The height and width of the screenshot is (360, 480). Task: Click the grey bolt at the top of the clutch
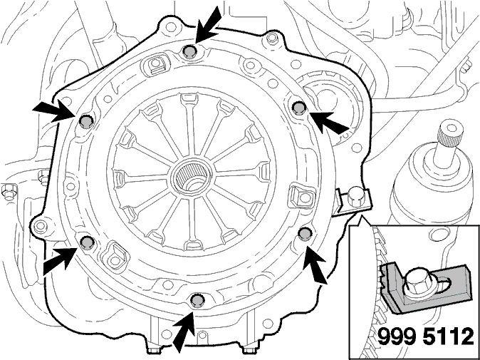pyautogui.click(x=190, y=52)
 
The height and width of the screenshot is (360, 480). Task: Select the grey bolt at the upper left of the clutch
pyautogui.click(x=86, y=122)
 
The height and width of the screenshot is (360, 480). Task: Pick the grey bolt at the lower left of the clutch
pyautogui.click(x=87, y=242)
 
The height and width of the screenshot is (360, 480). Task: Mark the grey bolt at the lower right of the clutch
pyautogui.click(x=305, y=234)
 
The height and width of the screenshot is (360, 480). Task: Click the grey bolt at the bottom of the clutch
pyautogui.click(x=197, y=300)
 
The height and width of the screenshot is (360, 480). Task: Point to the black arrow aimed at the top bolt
pyautogui.click(x=208, y=24)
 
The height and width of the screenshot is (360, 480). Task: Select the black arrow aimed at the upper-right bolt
pyautogui.click(x=329, y=122)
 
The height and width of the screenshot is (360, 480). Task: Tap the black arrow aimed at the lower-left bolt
pyautogui.click(x=60, y=259)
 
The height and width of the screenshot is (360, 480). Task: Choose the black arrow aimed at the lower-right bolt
pyautogui.click(x=315, y=264)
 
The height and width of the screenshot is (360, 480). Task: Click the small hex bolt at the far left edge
pyautogui.click(x=9, y=192)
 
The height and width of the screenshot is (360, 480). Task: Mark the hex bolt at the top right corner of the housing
pyautogui.click(x=271, y=38)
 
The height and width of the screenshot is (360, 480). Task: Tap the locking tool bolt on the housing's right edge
pyautogui.click(x=355, y=196)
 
